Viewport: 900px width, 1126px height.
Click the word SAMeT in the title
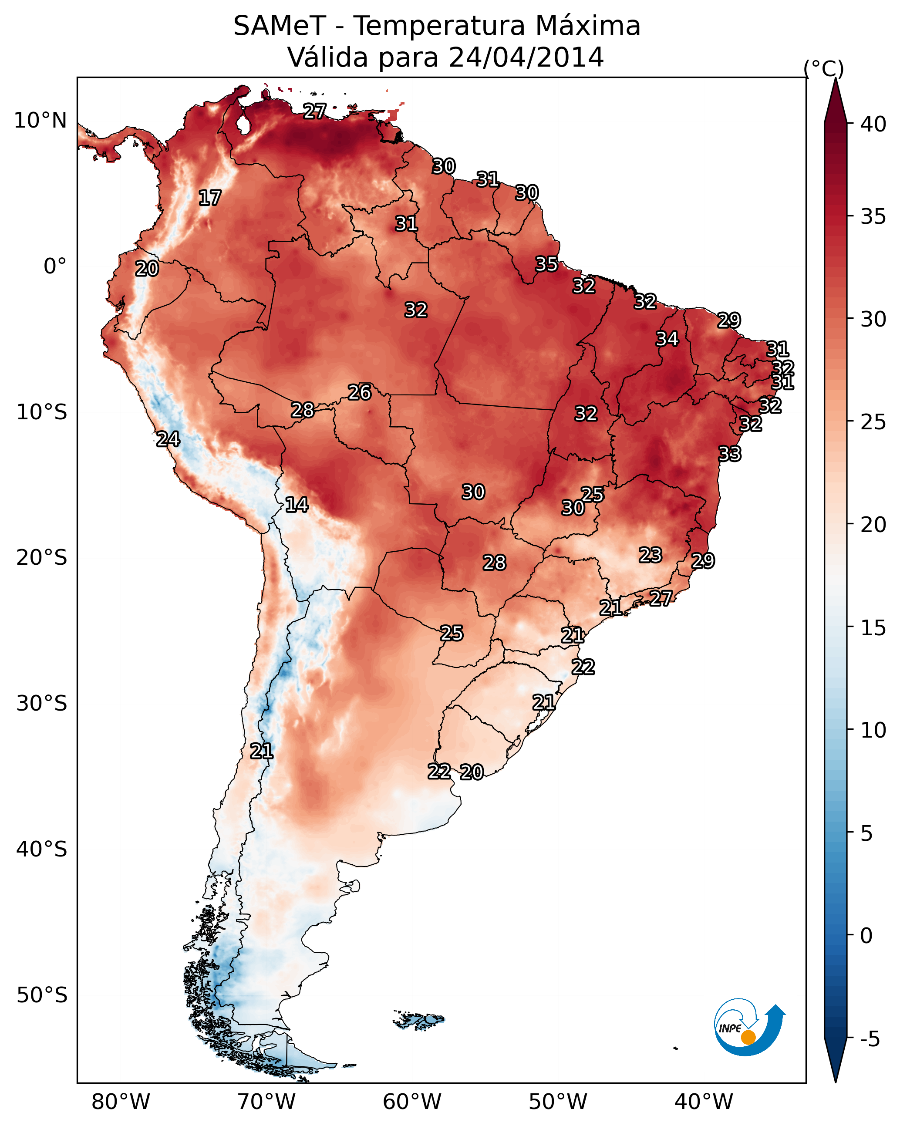(x=280, y=26)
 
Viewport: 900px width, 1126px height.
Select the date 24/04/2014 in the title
(x=526, y=57)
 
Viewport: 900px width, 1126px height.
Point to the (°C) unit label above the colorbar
(x=823, y=68)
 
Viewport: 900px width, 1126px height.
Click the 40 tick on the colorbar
(x=873, y=124)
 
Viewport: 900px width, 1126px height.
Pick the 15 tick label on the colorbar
(x=873, y=628)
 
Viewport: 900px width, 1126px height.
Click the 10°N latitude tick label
(x=40, y=121)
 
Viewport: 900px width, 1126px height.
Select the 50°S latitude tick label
(x=42, y=995)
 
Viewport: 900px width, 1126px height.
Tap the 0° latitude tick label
(x=55, y=266)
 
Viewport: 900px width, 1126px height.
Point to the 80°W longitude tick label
(x=121, y=1102)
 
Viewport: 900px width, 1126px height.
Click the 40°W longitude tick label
(x=704, y=1102)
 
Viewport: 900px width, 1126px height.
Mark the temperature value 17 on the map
(x=210, y=198)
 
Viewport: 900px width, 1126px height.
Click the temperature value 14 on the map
(x=297, y=505)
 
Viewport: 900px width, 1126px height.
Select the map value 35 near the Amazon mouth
(x=546, y=264)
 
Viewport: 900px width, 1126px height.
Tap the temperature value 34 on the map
(x=667, y=339)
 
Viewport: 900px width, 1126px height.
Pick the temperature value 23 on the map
(x=651, y=555)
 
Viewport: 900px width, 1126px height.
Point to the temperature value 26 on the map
(x=359, y=392)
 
